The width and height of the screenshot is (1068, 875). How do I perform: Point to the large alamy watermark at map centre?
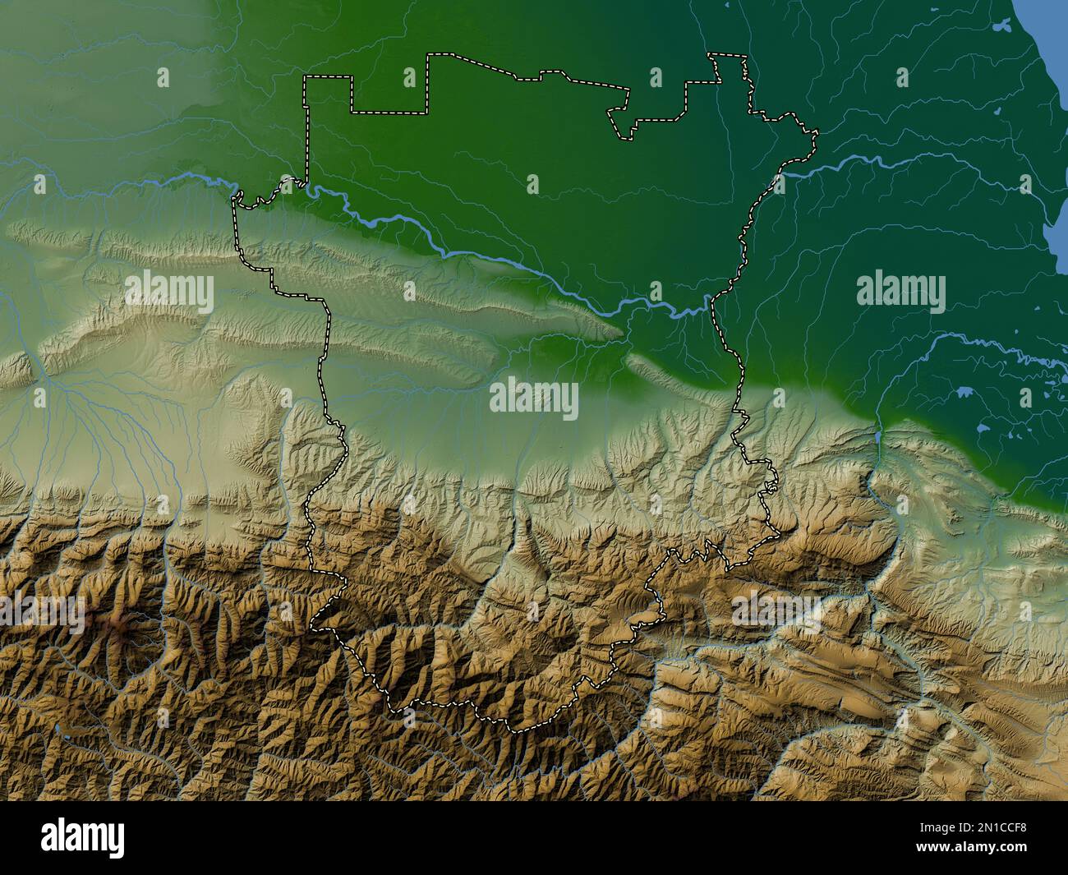point(534,398)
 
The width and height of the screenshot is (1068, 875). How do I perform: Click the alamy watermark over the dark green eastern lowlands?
point(900,291)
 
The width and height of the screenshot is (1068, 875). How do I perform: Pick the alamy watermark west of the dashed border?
point(169,291)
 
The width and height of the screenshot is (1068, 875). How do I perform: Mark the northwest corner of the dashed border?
point(305,77)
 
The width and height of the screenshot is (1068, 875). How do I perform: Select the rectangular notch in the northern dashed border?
point(389,94)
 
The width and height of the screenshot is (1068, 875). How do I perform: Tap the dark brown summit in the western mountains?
point(121,629)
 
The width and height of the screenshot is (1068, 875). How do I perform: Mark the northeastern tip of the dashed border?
point(815,131)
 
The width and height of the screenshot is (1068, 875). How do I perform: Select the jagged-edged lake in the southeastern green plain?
point(966,393)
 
